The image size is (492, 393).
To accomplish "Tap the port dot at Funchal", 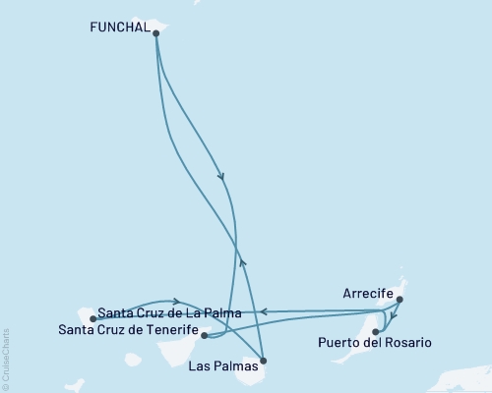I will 156,32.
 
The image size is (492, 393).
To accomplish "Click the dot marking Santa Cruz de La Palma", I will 92,318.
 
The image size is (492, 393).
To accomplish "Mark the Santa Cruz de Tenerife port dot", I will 204,335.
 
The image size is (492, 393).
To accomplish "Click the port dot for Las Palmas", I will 263,362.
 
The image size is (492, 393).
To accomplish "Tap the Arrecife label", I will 369,294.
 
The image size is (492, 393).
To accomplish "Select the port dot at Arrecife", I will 399,303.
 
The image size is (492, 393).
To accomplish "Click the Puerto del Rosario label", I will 374,343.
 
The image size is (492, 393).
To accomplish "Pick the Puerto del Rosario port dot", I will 375,332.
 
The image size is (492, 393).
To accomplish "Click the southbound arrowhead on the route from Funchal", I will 221,177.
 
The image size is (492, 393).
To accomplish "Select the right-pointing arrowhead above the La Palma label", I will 176,301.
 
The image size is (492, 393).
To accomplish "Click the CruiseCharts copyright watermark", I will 7,358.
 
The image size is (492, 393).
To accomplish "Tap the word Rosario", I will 406,343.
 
